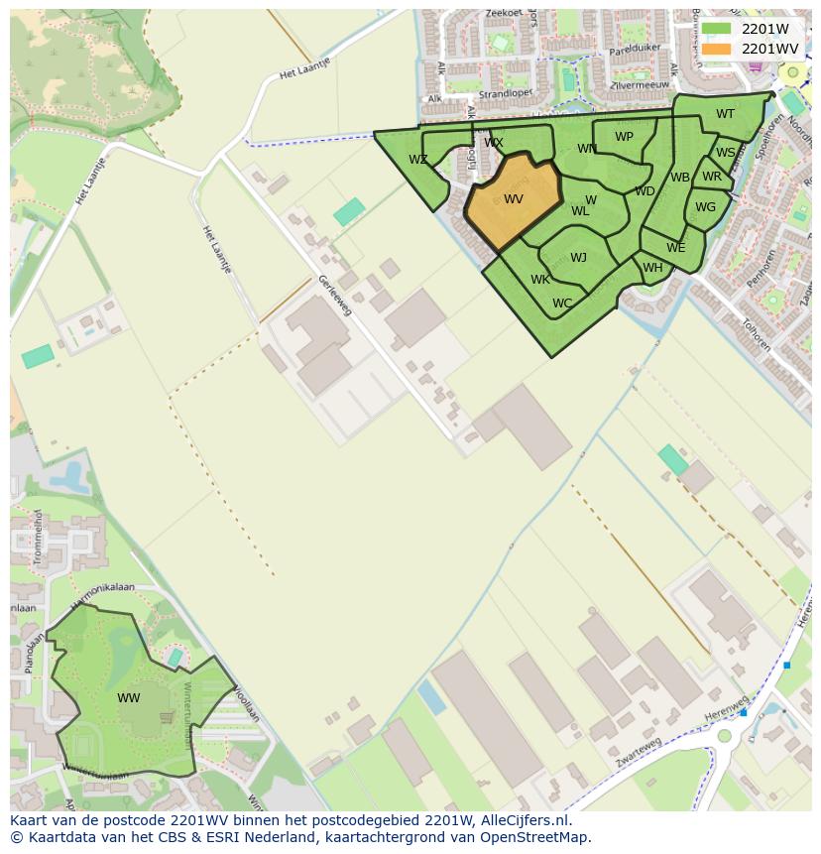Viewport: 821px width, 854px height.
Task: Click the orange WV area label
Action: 513,199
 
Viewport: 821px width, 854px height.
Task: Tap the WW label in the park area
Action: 128,698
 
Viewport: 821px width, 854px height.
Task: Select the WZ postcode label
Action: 418,160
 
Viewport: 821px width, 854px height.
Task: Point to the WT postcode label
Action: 725,114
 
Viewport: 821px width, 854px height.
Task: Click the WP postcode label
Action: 624,137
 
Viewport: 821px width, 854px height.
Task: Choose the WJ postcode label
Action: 578,258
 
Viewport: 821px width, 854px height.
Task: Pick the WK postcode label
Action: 539,280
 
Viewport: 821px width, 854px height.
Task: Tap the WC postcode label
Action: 562,304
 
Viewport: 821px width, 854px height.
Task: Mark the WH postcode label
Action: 652,268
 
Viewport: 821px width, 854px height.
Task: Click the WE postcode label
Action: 675,248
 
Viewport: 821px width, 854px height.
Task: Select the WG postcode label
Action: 705,207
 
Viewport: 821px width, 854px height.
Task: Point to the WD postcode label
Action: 645,191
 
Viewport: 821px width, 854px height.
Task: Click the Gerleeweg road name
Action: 334,296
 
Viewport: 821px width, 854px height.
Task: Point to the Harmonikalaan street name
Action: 102,587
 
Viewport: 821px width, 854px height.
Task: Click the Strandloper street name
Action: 506,95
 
